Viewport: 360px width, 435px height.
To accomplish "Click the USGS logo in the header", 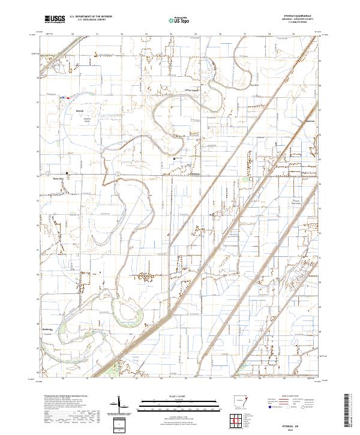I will tap(55, 19).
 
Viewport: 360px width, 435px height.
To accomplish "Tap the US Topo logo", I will tap(179, 20).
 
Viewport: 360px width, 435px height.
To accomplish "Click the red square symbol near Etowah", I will tap(68, 97).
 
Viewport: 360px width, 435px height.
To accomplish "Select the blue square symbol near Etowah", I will tap(64, 97).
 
